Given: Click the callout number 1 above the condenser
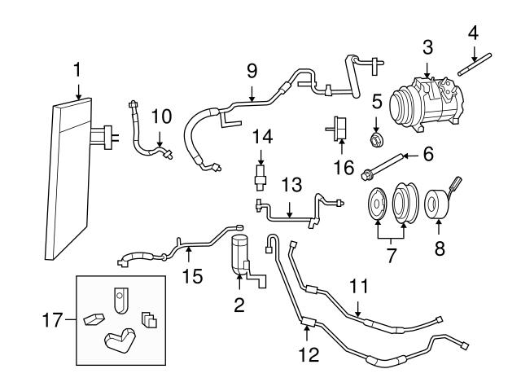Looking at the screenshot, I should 77,70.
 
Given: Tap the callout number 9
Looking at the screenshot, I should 251,70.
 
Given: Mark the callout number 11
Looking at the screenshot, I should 359,286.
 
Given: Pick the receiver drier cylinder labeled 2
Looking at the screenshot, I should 242,253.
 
